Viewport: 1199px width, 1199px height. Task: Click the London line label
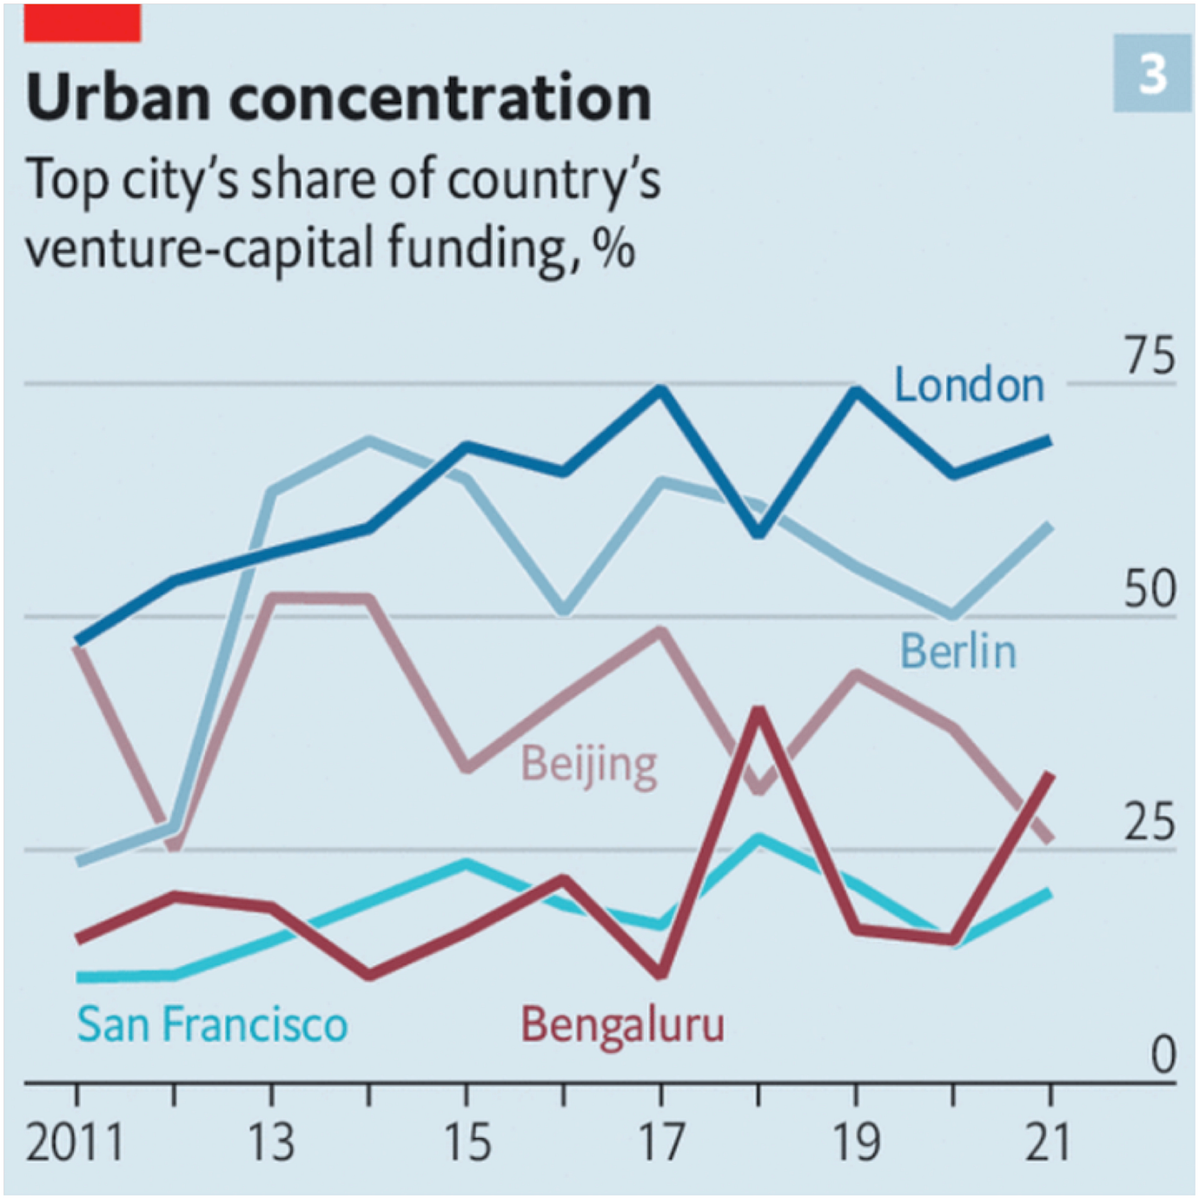[x=969, y=385]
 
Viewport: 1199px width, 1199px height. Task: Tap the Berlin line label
[x=957, y=652]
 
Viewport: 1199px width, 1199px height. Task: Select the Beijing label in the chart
[x=589, y=765]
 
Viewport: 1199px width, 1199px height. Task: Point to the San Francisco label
[x=212, y=1024]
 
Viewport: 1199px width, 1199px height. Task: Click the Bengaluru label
[x=622, y=1024]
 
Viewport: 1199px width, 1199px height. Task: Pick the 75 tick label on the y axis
[x=1149, y=356]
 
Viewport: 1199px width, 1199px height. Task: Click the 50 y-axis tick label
[x=1149, y=589]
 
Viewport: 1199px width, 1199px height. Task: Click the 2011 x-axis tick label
[x=75, y=1143]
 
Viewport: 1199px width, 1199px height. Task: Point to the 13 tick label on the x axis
[x=271, y=1143]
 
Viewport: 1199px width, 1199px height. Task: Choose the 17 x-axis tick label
[x=662, y=1143]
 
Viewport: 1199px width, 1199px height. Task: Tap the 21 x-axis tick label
[x=1048, y=1143]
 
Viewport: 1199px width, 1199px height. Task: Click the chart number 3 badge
[x=1152, y=74]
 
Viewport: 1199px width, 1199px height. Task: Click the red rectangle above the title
[x=83, y=23]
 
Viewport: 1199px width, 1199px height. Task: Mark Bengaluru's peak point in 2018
[x=759, y=712]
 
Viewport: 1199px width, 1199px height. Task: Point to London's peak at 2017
[x=662, y=390]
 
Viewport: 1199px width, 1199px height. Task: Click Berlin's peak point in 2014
[x=369, y=441]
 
